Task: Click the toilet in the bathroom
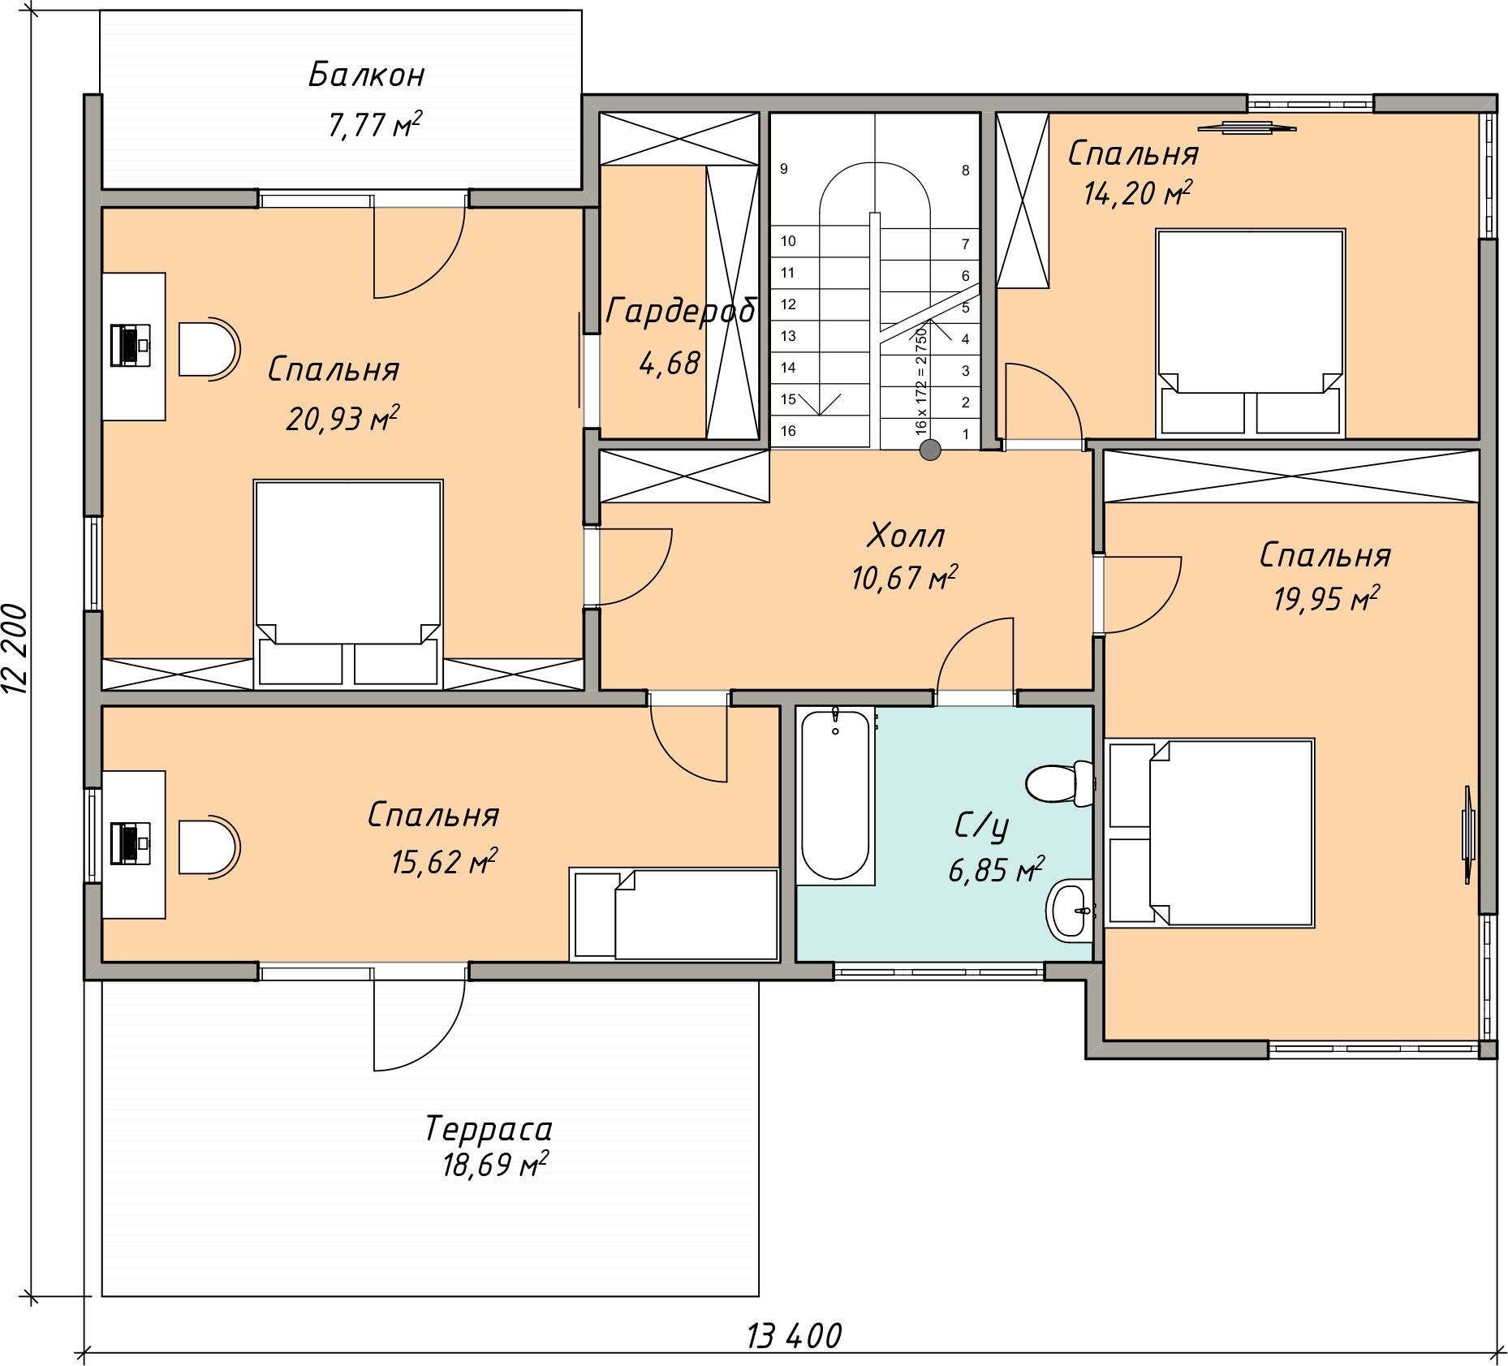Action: click(1060, 783)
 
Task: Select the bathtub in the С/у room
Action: click(835, 795)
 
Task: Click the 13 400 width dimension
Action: click(794, 1336)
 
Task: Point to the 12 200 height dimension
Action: click(15, 648)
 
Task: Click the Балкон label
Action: click(367, 75)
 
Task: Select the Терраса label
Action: click(489, 1128)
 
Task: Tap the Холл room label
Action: click(906, 536)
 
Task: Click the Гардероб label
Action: click(681, 311)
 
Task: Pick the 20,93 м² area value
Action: click(343, 418)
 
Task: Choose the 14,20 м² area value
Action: click(1138, 192)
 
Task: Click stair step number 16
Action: click(788, 431)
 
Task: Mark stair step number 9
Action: click(784, 169)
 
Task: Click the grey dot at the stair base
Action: click(930, 450)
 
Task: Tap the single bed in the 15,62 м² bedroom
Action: click(674, 915)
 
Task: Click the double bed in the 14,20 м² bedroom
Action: click(1250, 333)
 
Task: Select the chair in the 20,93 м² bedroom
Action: click(209, 349)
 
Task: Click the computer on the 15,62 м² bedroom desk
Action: click(130, 843)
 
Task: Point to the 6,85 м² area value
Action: click(997, 869)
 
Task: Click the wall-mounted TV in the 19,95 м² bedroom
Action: click(1467, 834)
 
